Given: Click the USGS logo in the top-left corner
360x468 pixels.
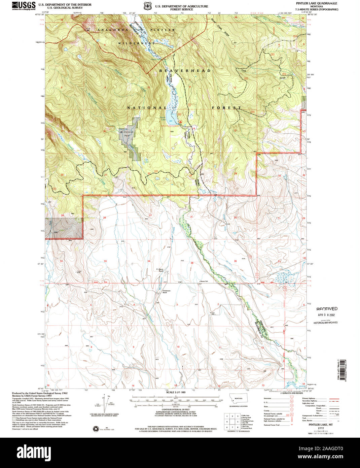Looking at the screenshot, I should tap(24, 6).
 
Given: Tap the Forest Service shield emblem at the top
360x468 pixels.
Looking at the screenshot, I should tap(147, 6).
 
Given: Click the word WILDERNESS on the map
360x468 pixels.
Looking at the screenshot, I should tap(137, 43).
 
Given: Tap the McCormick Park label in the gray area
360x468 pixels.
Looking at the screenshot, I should tap(127, 134).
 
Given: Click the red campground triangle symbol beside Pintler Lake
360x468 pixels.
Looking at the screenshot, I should tap(181, 121).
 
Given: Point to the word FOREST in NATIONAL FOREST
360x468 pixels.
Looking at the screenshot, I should tap(226, 108).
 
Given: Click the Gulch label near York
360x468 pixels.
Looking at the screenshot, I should tap(282, 78).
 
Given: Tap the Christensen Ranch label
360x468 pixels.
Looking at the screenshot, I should tap(162, 292).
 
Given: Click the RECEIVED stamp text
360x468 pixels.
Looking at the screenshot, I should tap(327, 309).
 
